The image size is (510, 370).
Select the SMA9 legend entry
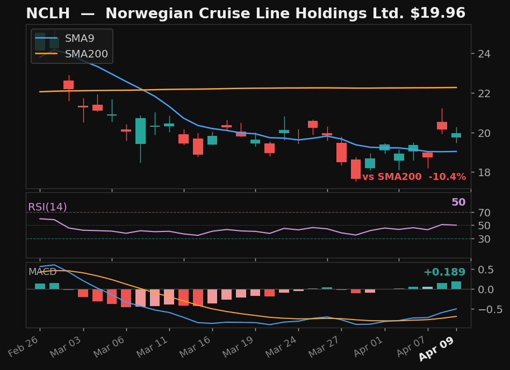point(79,39)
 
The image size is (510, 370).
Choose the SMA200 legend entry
point(86,54)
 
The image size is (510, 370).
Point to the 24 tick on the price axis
point(485,54)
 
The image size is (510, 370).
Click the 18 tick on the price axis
point(485,172)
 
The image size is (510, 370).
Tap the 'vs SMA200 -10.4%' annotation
point(414,177)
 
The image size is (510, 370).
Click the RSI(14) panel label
point(47,207)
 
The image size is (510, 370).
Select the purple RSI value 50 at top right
point(458,202)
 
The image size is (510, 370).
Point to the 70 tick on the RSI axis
point(485,213)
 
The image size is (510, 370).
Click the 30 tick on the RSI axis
point(485,239)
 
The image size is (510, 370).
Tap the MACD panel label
point(42,272)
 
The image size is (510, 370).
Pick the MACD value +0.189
point(444,272)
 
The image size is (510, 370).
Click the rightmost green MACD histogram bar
point(456,285)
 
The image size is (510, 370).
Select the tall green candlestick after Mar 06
point(140,131)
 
